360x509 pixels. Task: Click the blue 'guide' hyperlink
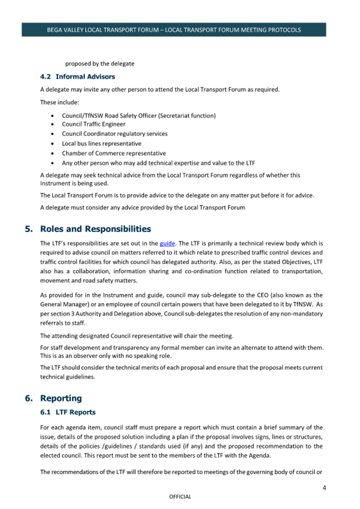tap(167, 243)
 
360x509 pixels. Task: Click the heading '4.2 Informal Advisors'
tap(81, 76)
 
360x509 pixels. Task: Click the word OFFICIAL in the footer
tap(180, 496)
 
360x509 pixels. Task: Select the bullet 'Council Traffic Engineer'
tap(93, 124)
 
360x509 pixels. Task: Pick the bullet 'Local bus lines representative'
tap(101, 144)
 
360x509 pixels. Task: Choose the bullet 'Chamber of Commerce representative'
tap(114, 153)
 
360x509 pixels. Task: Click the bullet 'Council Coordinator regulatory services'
tap(114, 134)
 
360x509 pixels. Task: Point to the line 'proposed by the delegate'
tap(100, 63)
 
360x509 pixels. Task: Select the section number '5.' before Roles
tap(30, 229)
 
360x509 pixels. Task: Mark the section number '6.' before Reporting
tap(30, 398)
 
